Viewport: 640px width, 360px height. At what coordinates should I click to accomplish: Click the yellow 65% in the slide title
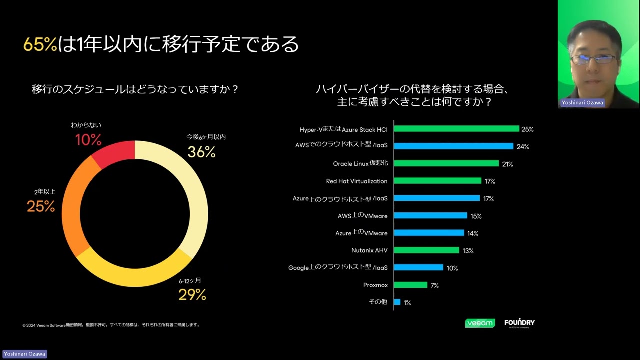pos(40,44)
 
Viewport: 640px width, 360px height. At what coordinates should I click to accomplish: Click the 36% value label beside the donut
pos(201,152)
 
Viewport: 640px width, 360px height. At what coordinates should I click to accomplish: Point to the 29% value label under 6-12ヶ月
pos(192,295)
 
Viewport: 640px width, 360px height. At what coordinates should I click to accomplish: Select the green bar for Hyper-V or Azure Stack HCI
pos(456,129)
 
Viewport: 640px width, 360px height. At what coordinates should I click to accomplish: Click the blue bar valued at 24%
pos(453,146)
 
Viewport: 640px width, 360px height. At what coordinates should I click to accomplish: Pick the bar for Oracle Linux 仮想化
pos(446,163)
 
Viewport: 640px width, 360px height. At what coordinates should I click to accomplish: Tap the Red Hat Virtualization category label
pos(356,181)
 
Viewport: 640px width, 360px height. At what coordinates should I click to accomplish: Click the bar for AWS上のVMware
pos(430,215)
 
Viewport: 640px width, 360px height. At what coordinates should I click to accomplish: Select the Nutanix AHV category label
pos(369,250)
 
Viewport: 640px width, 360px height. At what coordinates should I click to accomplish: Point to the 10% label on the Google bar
pos(452,268)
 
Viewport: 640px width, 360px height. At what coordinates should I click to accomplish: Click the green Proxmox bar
pos(410,285)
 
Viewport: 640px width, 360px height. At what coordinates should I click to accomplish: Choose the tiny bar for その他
pos(397,302)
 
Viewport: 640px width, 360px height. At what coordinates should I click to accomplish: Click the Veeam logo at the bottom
pos(480,323)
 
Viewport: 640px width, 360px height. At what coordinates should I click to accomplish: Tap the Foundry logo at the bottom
pos(519,323)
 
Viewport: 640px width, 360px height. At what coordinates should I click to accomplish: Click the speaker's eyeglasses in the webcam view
pos(593,59)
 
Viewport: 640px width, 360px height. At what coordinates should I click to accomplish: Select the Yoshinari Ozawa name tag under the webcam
pos(582,103)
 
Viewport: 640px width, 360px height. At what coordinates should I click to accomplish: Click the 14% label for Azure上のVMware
pos(473,233)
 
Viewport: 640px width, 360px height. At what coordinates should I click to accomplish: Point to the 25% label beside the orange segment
pos(41,206)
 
